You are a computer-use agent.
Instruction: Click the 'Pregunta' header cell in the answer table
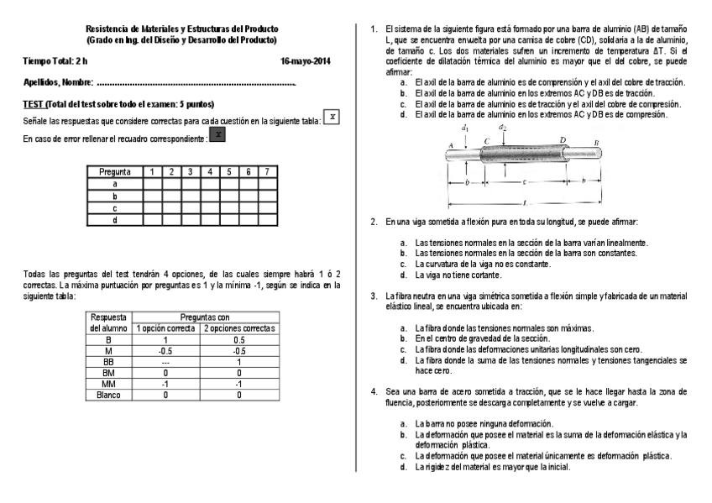[x=114, y=171]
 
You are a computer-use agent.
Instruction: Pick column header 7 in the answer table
[x=266, y=171]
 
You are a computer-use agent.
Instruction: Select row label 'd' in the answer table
[x=114, y=219]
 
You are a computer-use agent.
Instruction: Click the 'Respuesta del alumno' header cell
[x=109, y=322]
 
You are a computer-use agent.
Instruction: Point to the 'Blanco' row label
[x=109, y=393]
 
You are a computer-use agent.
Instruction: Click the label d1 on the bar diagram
[x=464, y=128]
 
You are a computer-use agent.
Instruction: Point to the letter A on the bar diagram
[x=452, y=145]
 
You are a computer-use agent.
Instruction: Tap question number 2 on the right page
[x=374, y=222]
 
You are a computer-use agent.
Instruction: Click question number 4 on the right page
[x=374, y=391]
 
